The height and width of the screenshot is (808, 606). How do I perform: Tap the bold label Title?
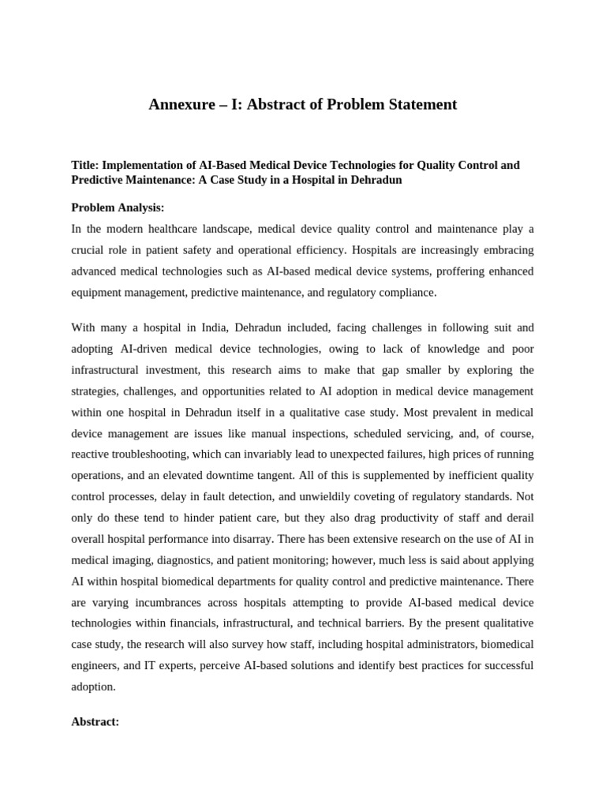pos(84,165)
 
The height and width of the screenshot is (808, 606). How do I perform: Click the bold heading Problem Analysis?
pos(118,208)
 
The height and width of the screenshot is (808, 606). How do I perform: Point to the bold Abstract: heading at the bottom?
pos(95,721)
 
